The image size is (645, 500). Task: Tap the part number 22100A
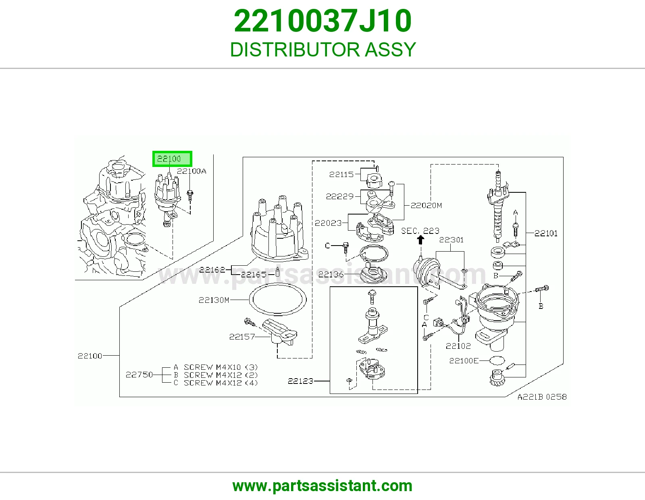click(x=191, y=171)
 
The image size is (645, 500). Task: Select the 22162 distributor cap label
click(x=212, y=270)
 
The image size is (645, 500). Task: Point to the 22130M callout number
click(x=214, y=300)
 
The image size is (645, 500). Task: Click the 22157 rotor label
click(x=242, y=337)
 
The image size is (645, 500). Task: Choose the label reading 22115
click(x=341, y=174)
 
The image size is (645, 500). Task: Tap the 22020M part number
click(x=426, y=206)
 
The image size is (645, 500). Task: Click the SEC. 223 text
click(x=420, y=231)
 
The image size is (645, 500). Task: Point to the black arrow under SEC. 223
click(x=420, y=240)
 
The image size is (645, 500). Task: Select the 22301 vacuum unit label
click(x=451, y=240)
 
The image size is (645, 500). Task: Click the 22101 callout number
click(x=546, y=233)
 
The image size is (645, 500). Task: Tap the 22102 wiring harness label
click(x=458, y=346)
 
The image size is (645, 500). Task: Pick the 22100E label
click(x=464, y=361)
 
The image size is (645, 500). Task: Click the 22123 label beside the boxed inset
click(x=300, y=381)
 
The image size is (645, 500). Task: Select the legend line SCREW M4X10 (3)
click(x=221, y=367)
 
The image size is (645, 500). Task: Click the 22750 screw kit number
click(x=139, y=375)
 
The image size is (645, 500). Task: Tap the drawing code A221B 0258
click(x=542, y=397)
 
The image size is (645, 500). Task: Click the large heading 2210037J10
click(x=322, y=21)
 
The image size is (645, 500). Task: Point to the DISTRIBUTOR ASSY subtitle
click(x=322, y=50)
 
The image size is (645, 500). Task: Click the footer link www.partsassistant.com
click(x=322, y=486)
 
